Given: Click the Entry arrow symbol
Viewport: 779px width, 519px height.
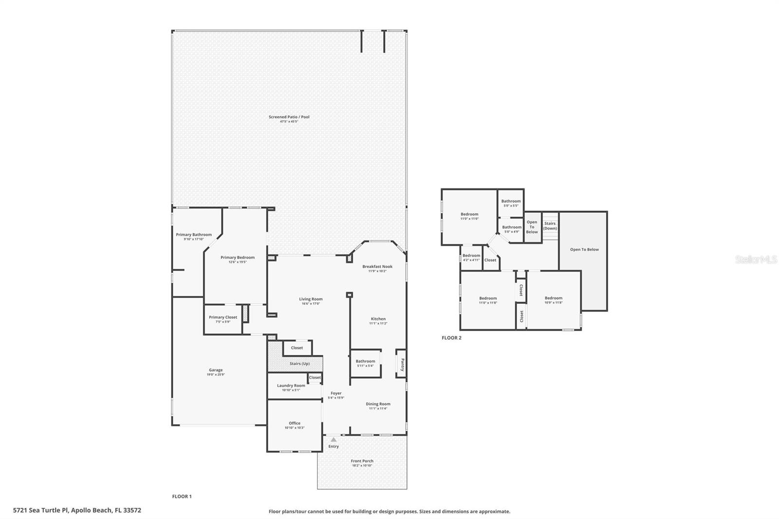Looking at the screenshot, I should [x=334, y=440].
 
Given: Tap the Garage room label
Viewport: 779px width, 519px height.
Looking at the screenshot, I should [x=216, y=370].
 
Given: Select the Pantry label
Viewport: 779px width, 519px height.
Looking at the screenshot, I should [x=402, y=365].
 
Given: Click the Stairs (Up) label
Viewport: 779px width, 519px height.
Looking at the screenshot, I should [x=299, y=364].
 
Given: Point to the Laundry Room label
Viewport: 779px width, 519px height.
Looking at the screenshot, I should [x=291, y=386].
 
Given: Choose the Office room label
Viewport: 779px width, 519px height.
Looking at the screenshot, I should [x=295, y=423].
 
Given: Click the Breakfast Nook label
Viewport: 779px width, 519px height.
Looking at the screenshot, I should [x=377, y=267].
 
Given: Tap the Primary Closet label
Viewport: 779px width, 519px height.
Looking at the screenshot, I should [x=223, y=317].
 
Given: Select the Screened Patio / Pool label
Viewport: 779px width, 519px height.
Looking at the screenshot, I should [x=289, y=117].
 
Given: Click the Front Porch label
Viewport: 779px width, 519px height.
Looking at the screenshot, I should [x=362, y=461].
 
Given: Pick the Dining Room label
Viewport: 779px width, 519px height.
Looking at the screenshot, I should [x=378, y=404].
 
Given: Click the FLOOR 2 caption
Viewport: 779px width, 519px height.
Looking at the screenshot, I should [x=451, y=338].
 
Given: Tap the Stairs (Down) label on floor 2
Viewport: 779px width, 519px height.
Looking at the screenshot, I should [x=550, y=226].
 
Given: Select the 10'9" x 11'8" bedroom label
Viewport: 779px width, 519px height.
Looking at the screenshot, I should [x=554, y=298].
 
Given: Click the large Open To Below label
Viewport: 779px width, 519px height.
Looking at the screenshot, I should [x=584, y=250].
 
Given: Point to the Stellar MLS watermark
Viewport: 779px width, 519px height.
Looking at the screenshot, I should [x=756, y=260].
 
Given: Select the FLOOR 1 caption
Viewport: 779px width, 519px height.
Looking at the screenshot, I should [x=182, y=497].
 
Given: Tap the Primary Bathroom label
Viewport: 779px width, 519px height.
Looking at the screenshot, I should [x=194, y=235].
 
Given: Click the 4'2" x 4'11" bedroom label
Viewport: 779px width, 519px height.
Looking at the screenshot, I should [x=471, y=256].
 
